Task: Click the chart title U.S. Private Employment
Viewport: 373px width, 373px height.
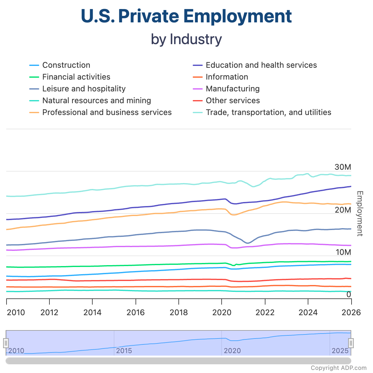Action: [186, 16]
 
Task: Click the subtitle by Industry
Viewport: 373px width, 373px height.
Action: [186, 39]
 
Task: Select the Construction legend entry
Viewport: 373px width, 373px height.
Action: [66, 65]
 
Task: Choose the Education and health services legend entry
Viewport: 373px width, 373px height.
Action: [261, 65]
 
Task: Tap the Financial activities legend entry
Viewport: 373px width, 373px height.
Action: [76, 77]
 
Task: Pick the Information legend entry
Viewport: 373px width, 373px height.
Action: [227, 77]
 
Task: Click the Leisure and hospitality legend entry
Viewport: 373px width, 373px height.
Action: [84, 89]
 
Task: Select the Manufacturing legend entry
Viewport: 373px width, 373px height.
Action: [233, 89]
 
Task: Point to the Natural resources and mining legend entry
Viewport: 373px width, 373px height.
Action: [96, 101]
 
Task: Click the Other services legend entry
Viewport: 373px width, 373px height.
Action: [233, 101]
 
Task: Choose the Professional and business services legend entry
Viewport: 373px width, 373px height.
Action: [107, 113]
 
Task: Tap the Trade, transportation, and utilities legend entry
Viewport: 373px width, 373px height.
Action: [268, 113]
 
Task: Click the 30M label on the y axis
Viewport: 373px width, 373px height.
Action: [343, 167]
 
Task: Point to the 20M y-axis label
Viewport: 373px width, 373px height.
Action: [343, 210]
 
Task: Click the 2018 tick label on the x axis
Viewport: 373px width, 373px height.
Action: [179, 312]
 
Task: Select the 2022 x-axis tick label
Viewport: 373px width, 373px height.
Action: [265, 312]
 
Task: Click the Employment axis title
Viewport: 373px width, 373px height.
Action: [360, 214]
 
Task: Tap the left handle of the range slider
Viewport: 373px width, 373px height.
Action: [6, 343]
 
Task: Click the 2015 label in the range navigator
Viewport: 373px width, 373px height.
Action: [124, 351]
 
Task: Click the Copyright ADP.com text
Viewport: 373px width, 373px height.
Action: [338, 368]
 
